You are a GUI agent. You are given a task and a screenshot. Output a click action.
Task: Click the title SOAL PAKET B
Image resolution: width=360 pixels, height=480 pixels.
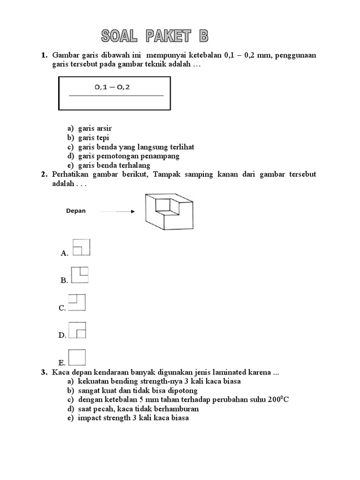(x=154, y=36)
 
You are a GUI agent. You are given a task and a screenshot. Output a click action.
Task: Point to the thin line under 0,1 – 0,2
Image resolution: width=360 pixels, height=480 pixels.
(x=116, y=96)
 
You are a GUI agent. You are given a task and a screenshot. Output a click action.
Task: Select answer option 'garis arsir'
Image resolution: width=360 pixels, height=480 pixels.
(x=95, y=128)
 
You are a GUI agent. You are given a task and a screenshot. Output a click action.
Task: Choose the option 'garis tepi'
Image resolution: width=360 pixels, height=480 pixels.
(x=93, y=137)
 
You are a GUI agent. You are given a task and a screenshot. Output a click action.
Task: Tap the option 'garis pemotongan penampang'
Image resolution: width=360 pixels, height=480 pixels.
(x=128, y=156)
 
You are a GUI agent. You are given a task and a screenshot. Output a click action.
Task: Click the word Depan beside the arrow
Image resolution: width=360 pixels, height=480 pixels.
(x=76, y=211)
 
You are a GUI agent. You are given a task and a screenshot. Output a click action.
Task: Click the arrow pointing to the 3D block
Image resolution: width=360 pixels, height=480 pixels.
(x=117, y=211)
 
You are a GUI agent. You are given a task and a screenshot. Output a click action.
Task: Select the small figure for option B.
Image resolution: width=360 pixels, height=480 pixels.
(x=80, y=275)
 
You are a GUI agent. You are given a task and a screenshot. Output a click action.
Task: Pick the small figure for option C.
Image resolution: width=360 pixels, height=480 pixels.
(x=77, y=302)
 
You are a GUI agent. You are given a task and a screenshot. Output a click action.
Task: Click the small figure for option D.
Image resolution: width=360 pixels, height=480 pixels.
(x=78, y=330)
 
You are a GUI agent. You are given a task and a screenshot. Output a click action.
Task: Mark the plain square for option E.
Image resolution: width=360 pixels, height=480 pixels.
(x=77, y=357)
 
